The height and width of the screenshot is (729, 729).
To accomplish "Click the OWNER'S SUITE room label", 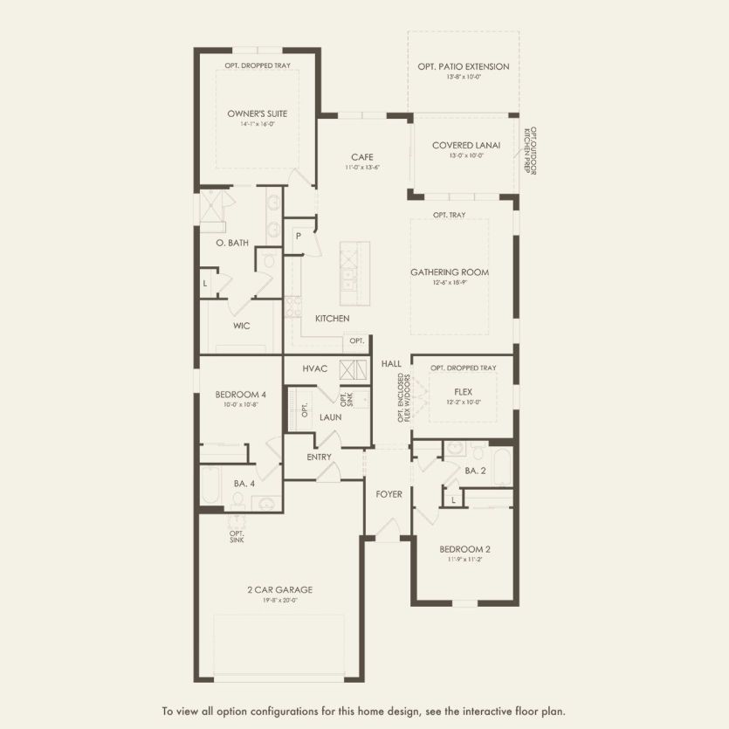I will [x=258, y=113].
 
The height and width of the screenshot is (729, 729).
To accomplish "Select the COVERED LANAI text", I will [x=466, y=146].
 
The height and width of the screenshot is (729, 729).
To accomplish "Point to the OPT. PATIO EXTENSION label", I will [x=464, y=66].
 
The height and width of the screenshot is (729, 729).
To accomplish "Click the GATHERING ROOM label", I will [x=450, y=272].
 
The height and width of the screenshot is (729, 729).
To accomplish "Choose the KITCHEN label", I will [x=333, y=319].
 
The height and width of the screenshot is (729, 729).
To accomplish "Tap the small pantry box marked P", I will [x=298, y=236].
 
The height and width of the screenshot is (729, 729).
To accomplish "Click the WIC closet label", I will [x=242, y=326].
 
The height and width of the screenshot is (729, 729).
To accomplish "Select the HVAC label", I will [x=315, y=368].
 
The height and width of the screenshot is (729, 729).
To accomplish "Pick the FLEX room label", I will [x=463, y=392].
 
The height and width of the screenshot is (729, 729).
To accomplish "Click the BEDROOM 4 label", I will [x=240, y=395].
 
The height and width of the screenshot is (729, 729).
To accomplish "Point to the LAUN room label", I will [x=330, y=417].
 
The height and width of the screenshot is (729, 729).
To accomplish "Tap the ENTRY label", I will [x=320, y=457].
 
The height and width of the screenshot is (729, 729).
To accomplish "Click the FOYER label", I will [x=389, y=494].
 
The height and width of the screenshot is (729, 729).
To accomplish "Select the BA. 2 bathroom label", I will [x=476, y=471].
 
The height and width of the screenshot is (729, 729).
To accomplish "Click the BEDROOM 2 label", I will [x=464, y=549].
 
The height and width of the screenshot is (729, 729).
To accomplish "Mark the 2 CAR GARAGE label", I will [x=279, y=589].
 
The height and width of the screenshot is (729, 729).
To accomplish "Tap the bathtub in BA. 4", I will [x=213, y=485].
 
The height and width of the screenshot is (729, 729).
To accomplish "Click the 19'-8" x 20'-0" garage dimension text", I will [x=279, y=600].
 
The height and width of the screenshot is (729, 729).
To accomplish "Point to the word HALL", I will [x=391, y=363].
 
